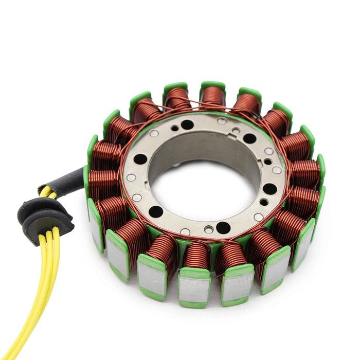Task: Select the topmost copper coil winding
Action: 212,96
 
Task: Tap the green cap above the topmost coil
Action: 213,84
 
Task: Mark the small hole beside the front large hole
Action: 208,229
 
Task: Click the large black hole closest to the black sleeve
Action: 140,159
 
